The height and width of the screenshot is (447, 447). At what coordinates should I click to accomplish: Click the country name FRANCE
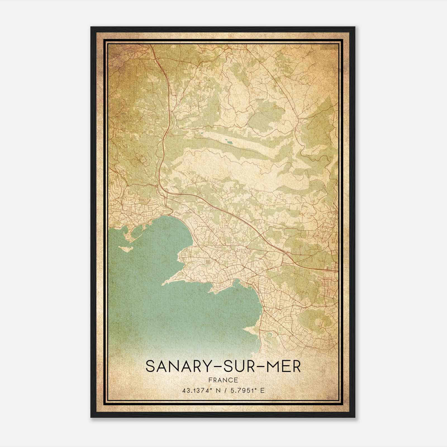223,380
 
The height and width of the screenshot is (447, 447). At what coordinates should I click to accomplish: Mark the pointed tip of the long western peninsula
163,284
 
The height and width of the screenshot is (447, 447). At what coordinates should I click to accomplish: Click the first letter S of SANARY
150,367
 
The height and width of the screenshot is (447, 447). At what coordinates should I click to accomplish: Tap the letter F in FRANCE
210,380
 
